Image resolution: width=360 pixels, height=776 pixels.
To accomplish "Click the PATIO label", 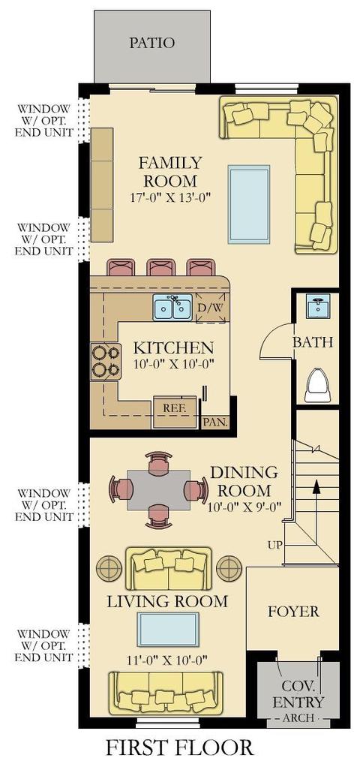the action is [151, 43].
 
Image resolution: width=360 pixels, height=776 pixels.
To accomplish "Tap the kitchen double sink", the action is [172, 307].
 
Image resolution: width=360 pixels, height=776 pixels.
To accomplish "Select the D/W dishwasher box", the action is [211, 308].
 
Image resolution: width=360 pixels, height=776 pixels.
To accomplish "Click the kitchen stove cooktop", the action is [106, 361].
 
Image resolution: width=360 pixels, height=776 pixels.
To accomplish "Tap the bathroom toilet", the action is [318, 385].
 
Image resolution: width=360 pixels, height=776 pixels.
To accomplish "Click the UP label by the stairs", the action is [275, 546].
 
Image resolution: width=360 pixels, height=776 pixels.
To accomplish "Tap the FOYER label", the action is [293, 612].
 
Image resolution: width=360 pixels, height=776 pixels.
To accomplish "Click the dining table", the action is [158, 490].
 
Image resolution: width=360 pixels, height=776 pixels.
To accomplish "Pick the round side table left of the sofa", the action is [109, 568].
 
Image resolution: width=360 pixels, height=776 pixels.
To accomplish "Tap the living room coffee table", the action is [168, 629].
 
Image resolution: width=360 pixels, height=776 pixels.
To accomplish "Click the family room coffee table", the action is [249, 204].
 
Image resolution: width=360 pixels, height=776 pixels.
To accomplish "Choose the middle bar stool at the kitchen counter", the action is [161, 267].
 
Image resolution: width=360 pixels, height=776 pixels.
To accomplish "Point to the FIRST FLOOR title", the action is [179, 747].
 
